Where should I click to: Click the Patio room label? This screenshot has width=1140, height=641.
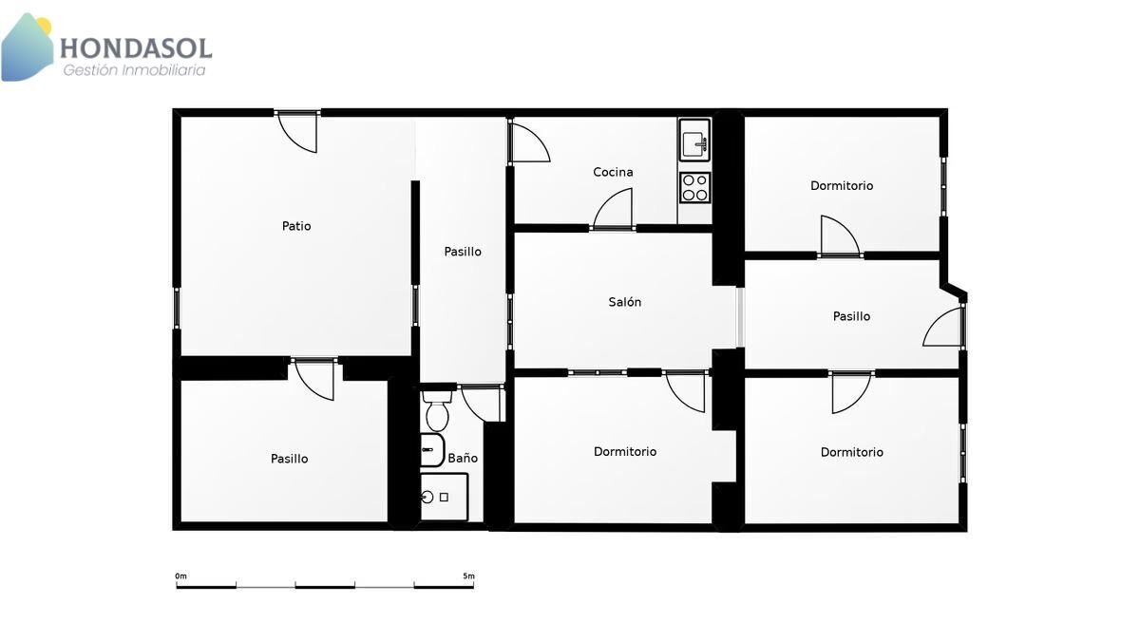[x=296, y=226]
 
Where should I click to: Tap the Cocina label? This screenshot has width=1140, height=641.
[x=613, y=172]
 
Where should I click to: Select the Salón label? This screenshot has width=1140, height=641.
[x=624, y=302]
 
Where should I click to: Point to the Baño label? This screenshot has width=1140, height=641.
[x=463, y=458]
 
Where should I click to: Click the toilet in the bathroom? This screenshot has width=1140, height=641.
[x=437, y=410]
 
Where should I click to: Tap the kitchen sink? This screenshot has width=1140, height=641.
[x=694, y=140]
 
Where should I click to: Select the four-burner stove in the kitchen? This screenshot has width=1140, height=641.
[x=694, y=187]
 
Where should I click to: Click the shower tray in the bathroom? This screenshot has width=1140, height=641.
[x=444, y=497]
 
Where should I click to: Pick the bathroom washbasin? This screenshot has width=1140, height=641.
[x=432, y=450]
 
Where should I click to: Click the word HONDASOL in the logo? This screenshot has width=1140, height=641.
[x=136, y=48]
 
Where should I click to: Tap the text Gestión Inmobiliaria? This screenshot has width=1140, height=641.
[x=134, y=70]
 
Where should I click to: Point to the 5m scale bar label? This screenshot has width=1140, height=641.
[x=468, y=575]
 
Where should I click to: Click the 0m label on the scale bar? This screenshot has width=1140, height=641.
[x=180, y=575]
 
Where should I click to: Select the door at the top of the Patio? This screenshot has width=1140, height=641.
[x=297, y=131]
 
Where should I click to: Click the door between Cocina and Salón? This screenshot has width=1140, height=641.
[x=613, y=209]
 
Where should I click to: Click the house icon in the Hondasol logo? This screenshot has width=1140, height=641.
[x=27, y=47]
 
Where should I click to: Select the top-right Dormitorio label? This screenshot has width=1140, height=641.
[x=842, y=186]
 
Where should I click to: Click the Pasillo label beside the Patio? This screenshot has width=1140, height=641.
[x=462, y=252]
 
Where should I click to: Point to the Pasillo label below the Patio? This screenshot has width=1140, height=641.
[x=289, y=459]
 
